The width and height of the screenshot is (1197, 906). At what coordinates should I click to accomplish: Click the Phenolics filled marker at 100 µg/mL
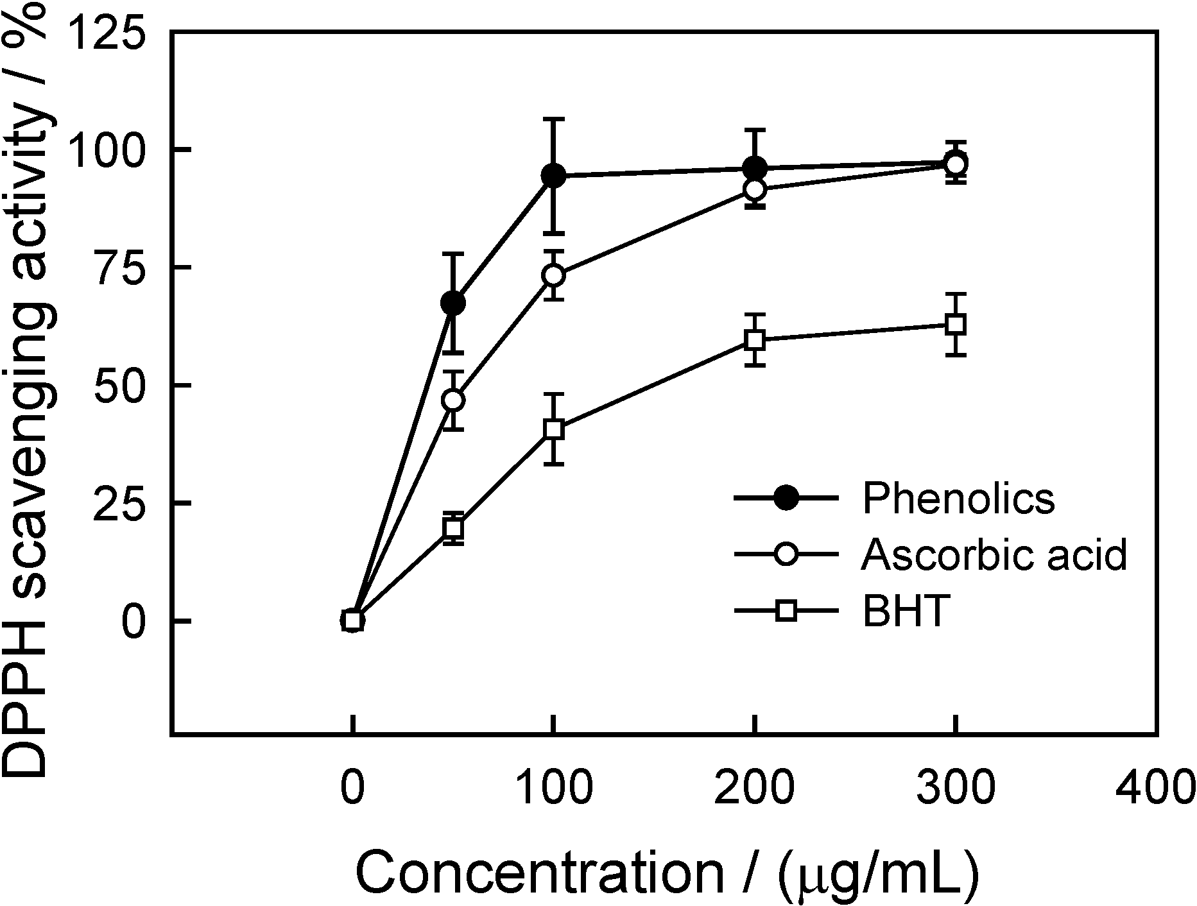[553, 175]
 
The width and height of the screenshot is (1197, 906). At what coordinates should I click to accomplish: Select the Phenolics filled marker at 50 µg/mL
[453, 303]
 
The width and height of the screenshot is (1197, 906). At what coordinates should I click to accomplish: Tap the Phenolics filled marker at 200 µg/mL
[755, 168]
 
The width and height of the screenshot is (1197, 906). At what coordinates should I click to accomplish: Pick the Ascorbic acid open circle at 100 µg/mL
[553, 275]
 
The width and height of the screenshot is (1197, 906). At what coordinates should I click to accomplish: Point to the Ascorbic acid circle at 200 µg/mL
[755, 189]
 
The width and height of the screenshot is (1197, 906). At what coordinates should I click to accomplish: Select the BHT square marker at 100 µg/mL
[553, 429]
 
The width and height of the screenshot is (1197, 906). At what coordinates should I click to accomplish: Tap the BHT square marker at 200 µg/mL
[755, 340]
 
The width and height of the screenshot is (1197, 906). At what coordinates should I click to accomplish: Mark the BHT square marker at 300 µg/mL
[956, 325]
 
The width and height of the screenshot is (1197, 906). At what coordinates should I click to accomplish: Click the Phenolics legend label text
[958, 499]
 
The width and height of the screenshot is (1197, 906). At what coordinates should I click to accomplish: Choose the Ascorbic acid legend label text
[994, 555]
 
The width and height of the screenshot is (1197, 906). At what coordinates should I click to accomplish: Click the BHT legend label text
[906, 611]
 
